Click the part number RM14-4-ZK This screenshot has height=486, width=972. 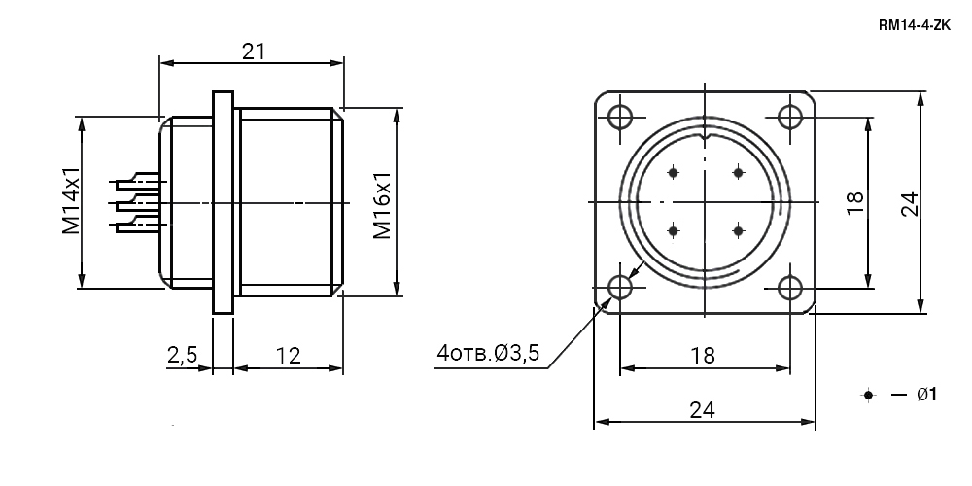click(x=915, y=25)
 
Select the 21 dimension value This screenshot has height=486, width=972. click(x=254, y=52)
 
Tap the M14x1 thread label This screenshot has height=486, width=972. click(x=71, y=200)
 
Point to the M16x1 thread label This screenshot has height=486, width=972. click(x=382, y=205)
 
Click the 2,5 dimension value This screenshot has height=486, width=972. click(x=182, y=355)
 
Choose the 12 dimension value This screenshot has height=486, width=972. click(x=289, y=355)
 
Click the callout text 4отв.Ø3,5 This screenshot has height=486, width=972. click(x=488, y=353)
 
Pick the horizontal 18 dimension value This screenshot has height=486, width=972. click(x=703, y=355)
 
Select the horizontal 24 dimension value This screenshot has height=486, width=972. click(x=703, y=410)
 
